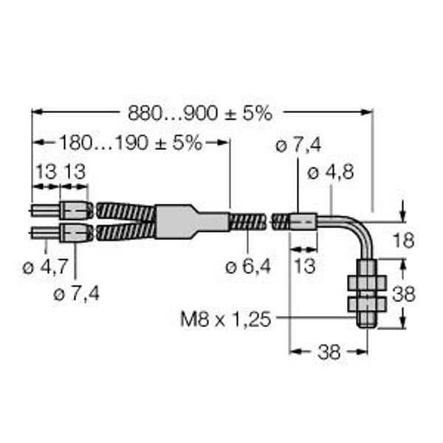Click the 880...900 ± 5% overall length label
coord(200,113)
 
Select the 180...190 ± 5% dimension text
coord(131,142)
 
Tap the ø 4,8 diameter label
coord(330,172)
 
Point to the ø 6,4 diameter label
coord(248,266)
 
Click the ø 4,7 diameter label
coord(45,267)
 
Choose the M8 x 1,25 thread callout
coord(225,320)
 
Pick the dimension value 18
coord(403,241)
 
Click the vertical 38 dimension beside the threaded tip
coord(403,294)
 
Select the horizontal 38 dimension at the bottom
coord(329,352)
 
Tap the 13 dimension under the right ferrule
coord(304,266)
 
